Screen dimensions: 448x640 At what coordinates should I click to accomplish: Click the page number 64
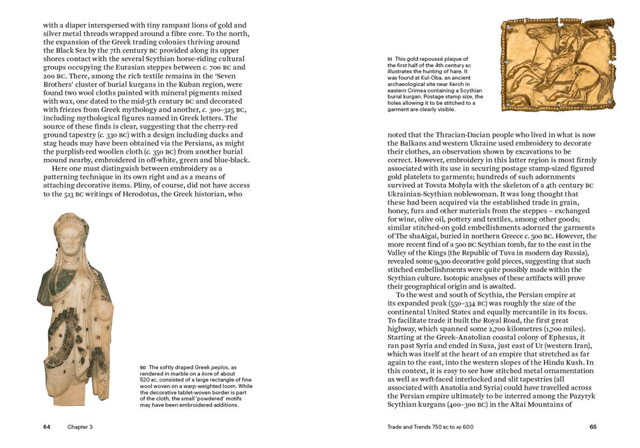coord(46,427)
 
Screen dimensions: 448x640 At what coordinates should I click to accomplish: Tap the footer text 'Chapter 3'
coord(80,427)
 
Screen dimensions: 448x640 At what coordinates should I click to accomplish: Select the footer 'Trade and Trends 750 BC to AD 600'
coord(432,427)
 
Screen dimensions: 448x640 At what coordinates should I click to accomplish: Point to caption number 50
coord(142,367)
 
